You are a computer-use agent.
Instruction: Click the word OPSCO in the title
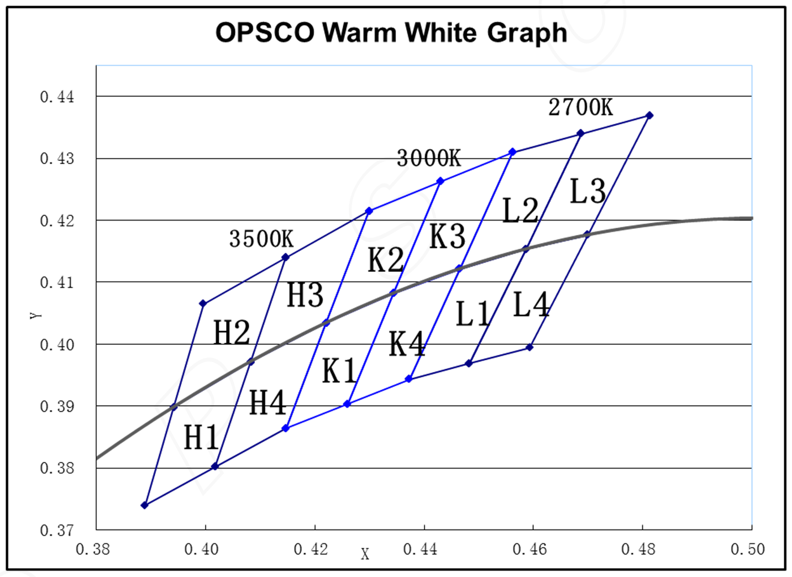265,33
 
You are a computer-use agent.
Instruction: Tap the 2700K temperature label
580,107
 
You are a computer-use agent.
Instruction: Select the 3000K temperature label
428,159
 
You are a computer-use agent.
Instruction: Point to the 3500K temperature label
261,239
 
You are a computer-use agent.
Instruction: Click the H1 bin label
201,438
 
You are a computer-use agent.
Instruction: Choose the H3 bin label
305,295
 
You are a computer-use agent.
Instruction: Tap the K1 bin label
339,370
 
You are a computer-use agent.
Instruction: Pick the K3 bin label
448,237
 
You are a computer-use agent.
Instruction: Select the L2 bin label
520,211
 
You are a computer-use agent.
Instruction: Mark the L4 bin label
531,305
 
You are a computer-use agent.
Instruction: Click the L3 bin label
588,192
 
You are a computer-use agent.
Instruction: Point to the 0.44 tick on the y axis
57,97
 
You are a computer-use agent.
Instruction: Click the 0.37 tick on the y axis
57,531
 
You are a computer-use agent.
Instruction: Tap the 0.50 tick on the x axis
748,549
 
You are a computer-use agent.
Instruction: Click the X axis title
365,554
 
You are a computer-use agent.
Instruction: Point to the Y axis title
35,315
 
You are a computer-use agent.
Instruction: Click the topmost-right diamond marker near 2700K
649,116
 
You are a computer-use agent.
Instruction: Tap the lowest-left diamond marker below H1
145,505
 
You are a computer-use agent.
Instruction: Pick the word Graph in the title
527,33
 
